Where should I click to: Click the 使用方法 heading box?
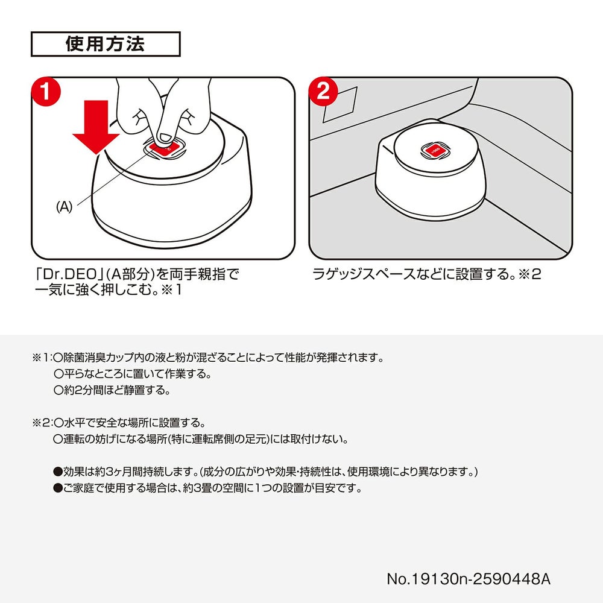pyautogui.click(x=106, y=44)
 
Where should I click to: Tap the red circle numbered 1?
pyautogui.click(x=46, y=92)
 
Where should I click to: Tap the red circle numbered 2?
pyautogui.click(x=323, y=92)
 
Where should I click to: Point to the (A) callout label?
pyautogui.click(x=65, y=207)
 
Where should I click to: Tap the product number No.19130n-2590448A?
pyautogui.click(x=469, y=579)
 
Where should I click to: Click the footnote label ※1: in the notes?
pyautogui.click(x=42, y=358)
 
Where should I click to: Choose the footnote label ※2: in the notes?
pyautogui.click(x=42, y=423)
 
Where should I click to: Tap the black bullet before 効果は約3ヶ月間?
pyautogui.click(x=58, y=472)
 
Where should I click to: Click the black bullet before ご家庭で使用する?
pyautogui.click(x=58, y=488)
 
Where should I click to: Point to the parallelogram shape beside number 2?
pyautogui.click(x=340, y=104)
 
